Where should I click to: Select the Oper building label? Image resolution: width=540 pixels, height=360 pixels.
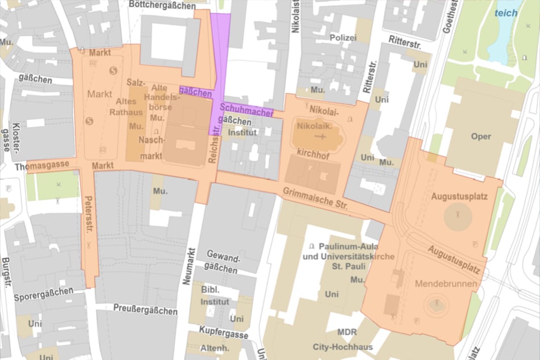480,137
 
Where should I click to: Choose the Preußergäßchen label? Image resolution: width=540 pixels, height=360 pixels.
145,311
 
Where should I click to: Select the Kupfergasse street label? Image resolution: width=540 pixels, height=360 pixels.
224,330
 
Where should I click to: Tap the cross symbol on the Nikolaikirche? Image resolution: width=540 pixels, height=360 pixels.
323,137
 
